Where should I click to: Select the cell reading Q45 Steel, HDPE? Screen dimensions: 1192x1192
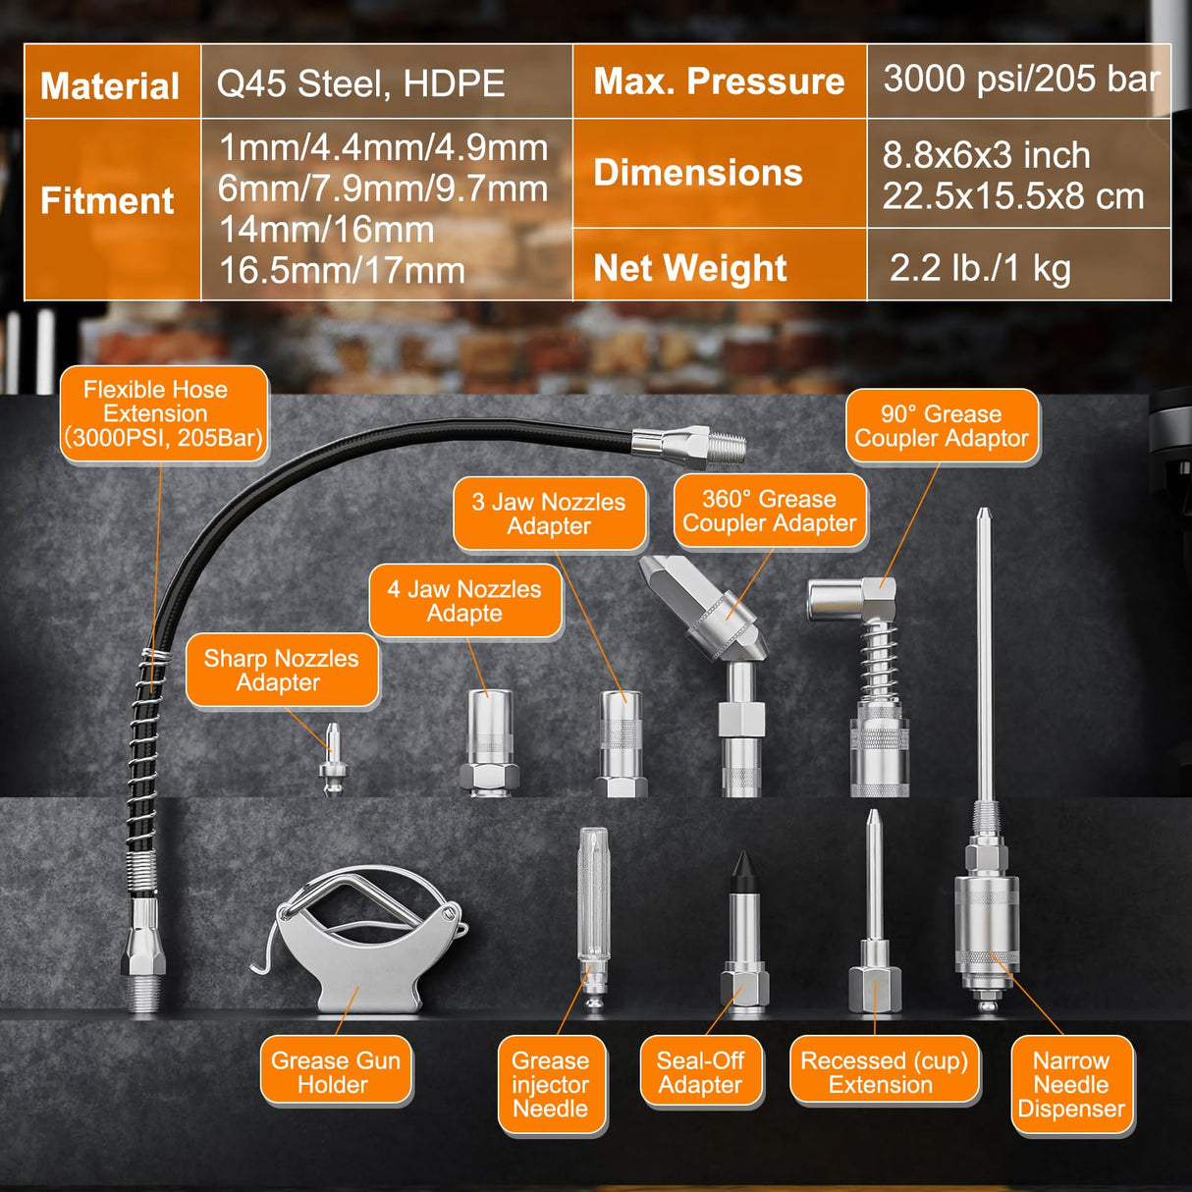pyautogui.click(x=360, y=83)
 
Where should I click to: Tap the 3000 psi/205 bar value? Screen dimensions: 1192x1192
pyautogui.click(x=1020, y=80)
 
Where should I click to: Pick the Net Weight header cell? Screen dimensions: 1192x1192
pyautogui.click(x=690, y=267)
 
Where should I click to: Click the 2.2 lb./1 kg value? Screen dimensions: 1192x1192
pyautogui.click(x=980, y=267)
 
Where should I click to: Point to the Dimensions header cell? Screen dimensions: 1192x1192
pyautogui.click(x=698, y=173)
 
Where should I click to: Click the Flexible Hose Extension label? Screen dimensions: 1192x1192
pyautogui.click(x=163, y=413)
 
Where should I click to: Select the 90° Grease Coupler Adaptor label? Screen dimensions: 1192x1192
pyautogui.click(x=941, y=425)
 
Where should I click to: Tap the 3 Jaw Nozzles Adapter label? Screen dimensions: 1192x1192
pyautogui.click(x=549, y=514)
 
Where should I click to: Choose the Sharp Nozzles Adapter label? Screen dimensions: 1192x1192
pyautogui.click(x=281, y=671)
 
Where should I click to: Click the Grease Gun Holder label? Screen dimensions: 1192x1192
pyautogui.click(x=335, y=1071)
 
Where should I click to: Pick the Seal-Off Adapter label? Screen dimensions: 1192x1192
pyautogui.click(x=700, y=1071)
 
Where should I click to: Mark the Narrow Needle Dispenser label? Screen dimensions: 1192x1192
pyautogui.click(x=1071, y=1084)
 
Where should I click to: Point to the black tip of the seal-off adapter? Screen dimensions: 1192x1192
pyautogui.click(x=742, y=873)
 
